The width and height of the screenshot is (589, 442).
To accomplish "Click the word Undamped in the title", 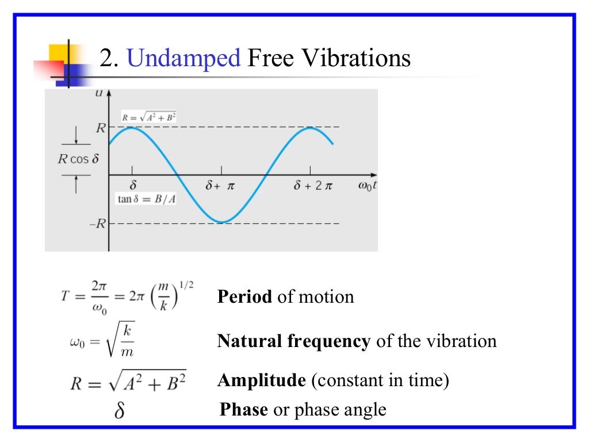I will click(x=183, y=59).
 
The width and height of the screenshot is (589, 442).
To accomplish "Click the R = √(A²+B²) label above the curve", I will click(x=149, y=117).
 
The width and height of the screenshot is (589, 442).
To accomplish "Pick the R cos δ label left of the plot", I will click(x=79, y=159).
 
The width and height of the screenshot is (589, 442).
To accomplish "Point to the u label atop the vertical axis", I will click(x=99, y=94).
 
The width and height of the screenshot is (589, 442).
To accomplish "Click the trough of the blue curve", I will click(x=221, y=222).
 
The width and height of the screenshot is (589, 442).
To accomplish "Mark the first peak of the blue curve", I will click(x=132, y=127).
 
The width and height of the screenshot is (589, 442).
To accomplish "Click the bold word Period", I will click(x=244, y=297).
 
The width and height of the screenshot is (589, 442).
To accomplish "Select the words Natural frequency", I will click(x=293, y=341).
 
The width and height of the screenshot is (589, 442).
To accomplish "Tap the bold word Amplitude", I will click(x=261, y=380).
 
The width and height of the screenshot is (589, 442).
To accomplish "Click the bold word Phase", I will click(x=244, y=409).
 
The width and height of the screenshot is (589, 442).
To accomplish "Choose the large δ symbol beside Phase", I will click(x=120, y=411).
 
